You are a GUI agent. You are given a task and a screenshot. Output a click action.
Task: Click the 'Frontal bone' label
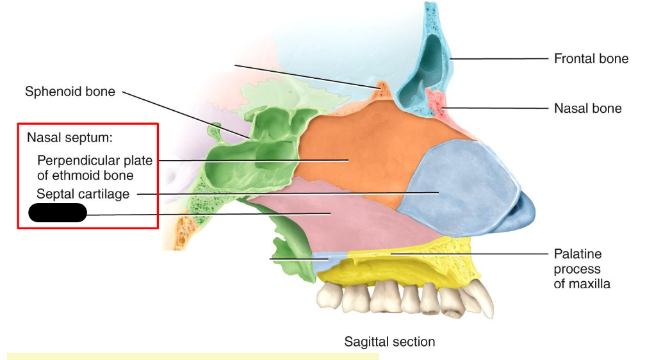[591, 59]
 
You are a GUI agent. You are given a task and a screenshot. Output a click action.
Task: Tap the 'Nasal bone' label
[587, 108]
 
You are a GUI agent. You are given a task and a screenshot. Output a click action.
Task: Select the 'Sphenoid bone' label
[70, 92]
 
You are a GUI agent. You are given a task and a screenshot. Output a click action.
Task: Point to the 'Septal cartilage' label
[83, 193]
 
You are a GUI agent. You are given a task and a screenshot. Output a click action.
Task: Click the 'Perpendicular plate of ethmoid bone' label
[94, 167]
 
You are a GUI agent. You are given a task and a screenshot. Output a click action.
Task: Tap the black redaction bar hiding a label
[58, 213]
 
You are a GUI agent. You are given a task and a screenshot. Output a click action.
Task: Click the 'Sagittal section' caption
[389, 341]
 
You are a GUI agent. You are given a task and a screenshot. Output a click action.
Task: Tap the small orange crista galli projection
[382, 89]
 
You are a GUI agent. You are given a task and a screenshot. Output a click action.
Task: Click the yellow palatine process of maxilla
[410, 259]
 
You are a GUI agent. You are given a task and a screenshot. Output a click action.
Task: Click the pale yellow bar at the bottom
[192, 355]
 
